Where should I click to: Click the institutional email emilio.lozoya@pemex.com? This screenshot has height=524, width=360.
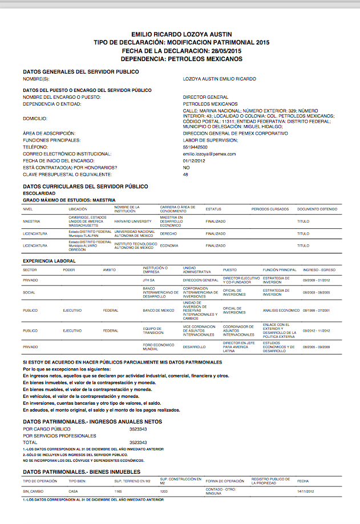coord(209,154)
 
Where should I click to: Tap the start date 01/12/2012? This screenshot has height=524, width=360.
coord(193,161)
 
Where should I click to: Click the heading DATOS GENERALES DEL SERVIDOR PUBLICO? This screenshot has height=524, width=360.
coord(80,72)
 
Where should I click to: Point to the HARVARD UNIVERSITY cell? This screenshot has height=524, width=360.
coord(133,221)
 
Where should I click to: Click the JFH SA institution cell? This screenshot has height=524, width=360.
coord(149,280)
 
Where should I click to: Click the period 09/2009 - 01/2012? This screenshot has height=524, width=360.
coord(317,280)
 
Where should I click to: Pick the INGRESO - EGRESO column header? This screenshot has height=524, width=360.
coord(318,269)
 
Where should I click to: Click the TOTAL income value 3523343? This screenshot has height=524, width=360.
coord(138,442)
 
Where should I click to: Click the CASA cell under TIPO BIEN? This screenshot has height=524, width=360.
coord(73,491)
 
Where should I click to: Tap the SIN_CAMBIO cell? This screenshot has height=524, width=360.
coord(33,491)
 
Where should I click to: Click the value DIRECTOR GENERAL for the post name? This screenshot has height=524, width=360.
coord(205,98)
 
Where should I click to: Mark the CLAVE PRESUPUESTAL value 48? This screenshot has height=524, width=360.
coord(185,175)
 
